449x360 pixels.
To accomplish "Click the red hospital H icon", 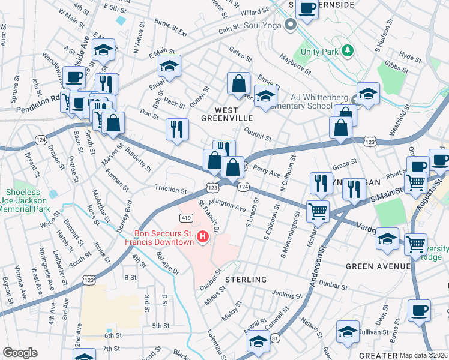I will point(203,238).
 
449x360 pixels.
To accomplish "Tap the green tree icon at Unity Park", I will point(347,51).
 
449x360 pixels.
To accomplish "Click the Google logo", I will point(20,353).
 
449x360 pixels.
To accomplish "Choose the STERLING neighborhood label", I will point(246,280).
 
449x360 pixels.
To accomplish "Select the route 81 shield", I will point(275,339).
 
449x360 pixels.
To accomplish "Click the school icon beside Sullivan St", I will point(348,331).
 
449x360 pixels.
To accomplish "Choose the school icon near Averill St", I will point(258,343).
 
